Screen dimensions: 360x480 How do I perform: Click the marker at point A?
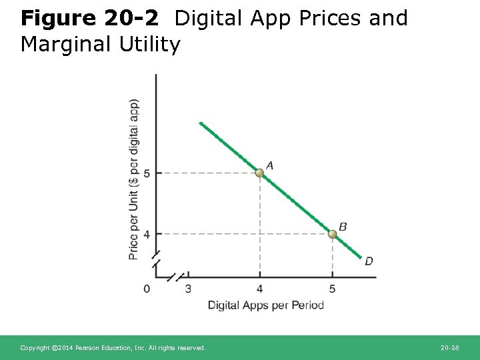pyautogui.click(x=260, y=173)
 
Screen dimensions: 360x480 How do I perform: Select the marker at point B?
pyautogui.click(x=332, y=233)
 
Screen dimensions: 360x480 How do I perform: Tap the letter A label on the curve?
pyautogui.click(x=269, y=165)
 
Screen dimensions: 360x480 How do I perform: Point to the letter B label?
pyautogui.click(x=343, y=227)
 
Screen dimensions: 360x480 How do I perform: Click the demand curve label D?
pyautogui.click(x=369, y=261)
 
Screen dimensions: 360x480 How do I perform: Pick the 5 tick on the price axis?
pyautogui.click(x=147, y=173)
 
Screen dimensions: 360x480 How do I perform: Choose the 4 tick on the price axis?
pyautogui.click(x=147, y=234)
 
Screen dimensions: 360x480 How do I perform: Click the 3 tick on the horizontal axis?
pyautogui.click(x=188, y=288)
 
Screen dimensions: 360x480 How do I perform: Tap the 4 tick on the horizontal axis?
pyautogui.click(x=260, y=288)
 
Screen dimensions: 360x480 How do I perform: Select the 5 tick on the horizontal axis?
pyautogui.click(x=332, y=288)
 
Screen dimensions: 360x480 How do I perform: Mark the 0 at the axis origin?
pyautogui.click(x=147, y=288)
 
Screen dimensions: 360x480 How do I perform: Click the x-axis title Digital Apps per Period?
pyautogui.click(x=265, y=305)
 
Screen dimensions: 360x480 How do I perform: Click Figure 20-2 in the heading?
pyautogui.click(x=89, y=18)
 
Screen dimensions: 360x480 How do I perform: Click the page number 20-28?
pyautogui.click(x=450, y=348)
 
